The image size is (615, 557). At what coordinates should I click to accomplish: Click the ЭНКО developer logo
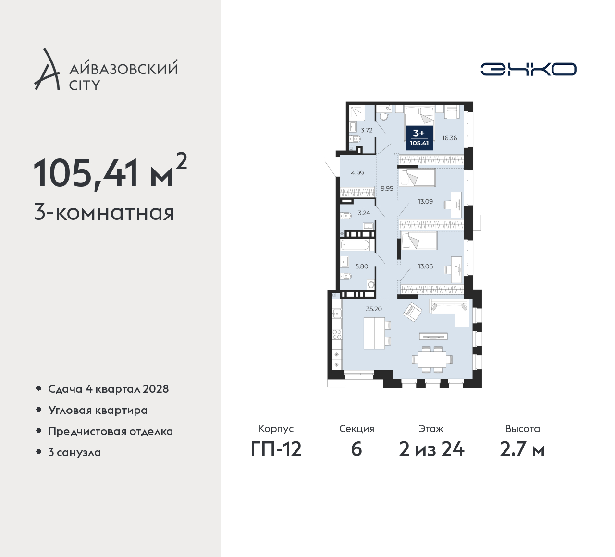point(528,69)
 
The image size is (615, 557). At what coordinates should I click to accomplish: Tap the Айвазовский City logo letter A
point(47,69)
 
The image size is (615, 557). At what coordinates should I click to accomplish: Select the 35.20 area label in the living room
point(374,309)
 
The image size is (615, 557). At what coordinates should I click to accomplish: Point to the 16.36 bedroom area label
point(449,138)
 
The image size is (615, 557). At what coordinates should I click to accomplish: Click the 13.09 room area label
point(426,201)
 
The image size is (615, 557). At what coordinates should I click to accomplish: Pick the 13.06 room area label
point(426,266)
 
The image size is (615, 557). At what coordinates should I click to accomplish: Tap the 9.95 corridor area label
point(387,188)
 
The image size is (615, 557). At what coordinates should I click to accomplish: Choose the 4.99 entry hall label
point(357,173)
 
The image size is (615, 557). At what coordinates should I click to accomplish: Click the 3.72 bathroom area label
point(367,130)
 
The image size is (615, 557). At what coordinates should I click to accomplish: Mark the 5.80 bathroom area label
point(362,266)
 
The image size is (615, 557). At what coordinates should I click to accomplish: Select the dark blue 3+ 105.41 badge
point(419,138)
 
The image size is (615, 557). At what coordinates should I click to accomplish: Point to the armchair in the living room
point(412,312)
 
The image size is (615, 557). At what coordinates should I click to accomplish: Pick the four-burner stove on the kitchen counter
point(337,334)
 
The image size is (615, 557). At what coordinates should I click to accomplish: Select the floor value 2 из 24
point(431,450)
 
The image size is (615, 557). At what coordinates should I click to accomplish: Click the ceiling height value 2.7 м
point(522,450)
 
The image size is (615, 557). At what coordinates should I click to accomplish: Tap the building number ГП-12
point(276,450)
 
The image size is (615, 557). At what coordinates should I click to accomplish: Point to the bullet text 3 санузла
point(74,452)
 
